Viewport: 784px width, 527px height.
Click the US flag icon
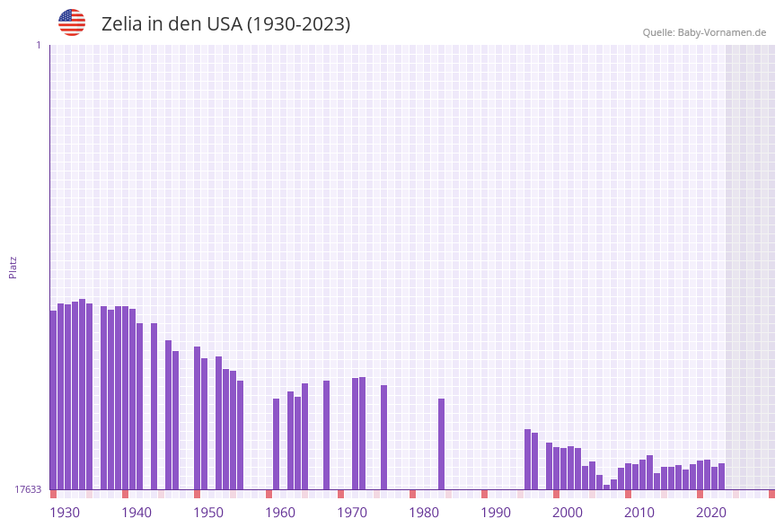(72, 22)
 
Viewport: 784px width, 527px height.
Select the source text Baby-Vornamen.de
(721, 32)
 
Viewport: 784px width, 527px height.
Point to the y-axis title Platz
(13, 267)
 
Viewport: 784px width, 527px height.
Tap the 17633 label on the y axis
(28, 489)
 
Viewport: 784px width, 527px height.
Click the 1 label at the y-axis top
(38, 45)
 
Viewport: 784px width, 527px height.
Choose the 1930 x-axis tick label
(65, 513)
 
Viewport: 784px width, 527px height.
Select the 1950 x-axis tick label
(208, 513)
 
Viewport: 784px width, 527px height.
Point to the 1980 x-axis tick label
(424, 513)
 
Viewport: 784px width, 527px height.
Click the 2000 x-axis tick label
(568, 513)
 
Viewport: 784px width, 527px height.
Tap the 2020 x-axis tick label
(711, 513)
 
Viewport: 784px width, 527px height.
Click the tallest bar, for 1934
(82, 395)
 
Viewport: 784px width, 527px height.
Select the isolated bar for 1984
(441, 444)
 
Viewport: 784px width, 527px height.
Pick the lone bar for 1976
(383, 437)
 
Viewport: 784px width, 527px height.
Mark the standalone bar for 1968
(326, 435)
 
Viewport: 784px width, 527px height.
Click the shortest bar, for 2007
(606, 487)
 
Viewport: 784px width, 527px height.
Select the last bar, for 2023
(721, 477)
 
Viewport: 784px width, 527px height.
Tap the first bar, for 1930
(53, 400)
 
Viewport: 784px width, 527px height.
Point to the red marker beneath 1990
(484, 494)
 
